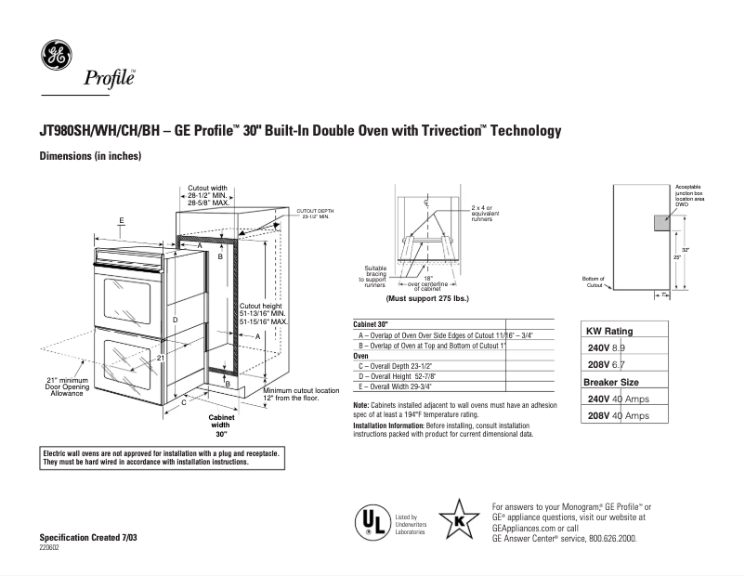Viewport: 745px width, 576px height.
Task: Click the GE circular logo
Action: (56, 56)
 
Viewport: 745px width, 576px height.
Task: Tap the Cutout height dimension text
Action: (264, 313)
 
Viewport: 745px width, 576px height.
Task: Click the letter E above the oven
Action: (122, 220)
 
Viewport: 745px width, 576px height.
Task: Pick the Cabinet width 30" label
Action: (221, 425)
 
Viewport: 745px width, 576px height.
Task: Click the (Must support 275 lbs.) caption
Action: (427, 299)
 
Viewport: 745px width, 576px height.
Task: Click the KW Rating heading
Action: (609, 331)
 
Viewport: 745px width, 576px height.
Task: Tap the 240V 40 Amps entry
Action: (619, 399)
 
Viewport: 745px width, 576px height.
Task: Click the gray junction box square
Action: (660, 221)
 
